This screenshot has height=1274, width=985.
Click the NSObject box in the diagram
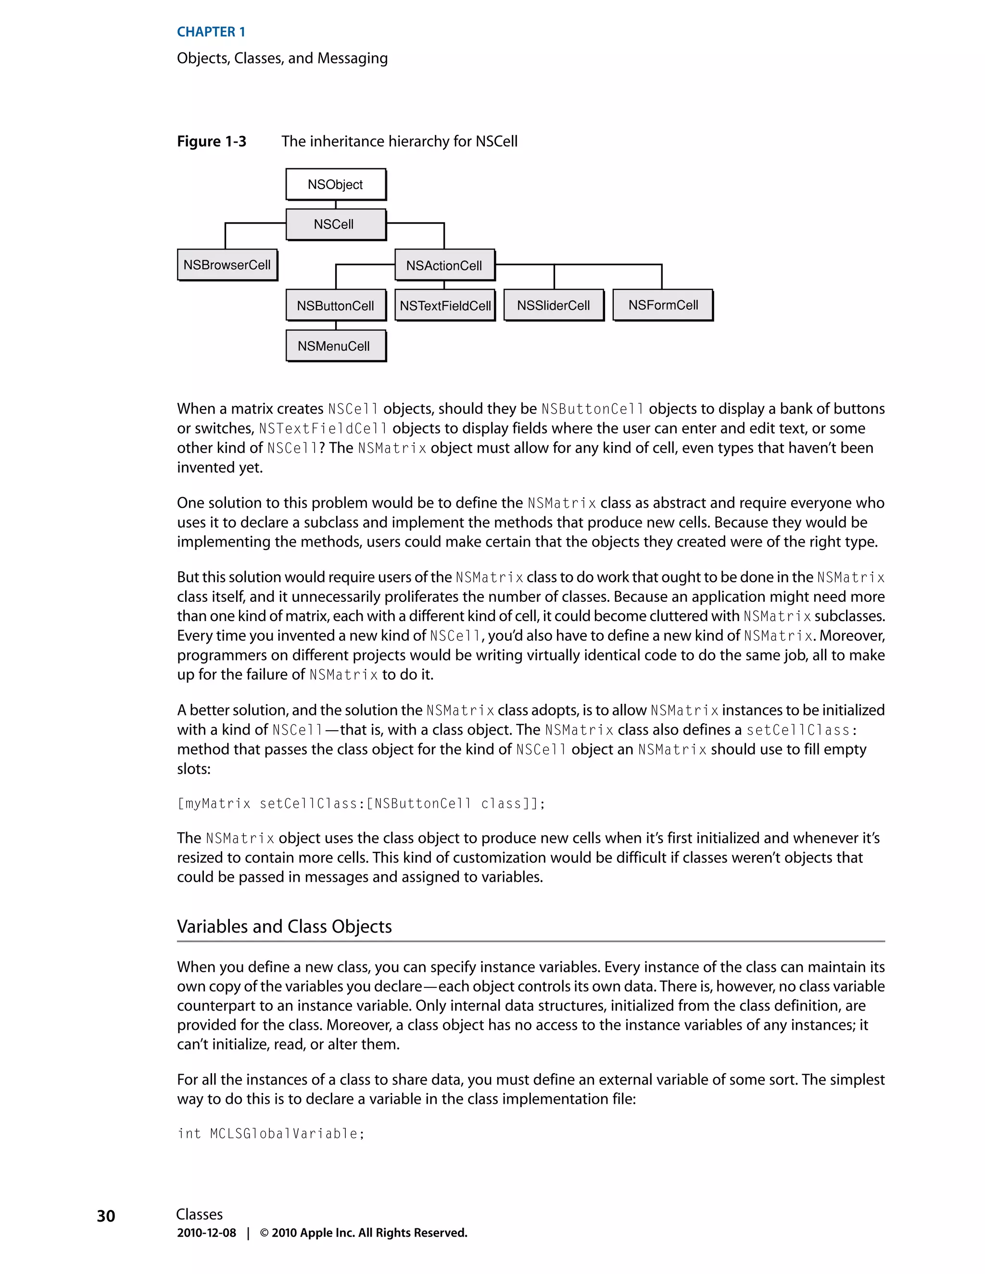[336, 184]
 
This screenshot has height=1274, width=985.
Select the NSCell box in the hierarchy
[336, 224]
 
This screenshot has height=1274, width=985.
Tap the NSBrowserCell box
[227, 265]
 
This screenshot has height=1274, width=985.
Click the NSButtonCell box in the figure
[336, 306]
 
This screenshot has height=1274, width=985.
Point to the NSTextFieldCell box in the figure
[445, 306]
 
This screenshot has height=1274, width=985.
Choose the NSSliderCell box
[553, 305]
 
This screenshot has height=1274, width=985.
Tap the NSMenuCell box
[336, 346]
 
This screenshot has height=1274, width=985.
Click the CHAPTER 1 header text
[211, 32]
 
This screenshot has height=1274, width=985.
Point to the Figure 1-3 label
[211, 142]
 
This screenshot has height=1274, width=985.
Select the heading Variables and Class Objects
[284, 926]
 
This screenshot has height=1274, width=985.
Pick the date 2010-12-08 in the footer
[206, 1233]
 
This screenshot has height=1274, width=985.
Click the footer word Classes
[199, 1214]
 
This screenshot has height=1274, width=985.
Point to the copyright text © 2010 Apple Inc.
[363, 1233]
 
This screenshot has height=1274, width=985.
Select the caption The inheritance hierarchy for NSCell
[399, 142]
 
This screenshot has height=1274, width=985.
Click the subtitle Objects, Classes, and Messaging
[282, 58]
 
